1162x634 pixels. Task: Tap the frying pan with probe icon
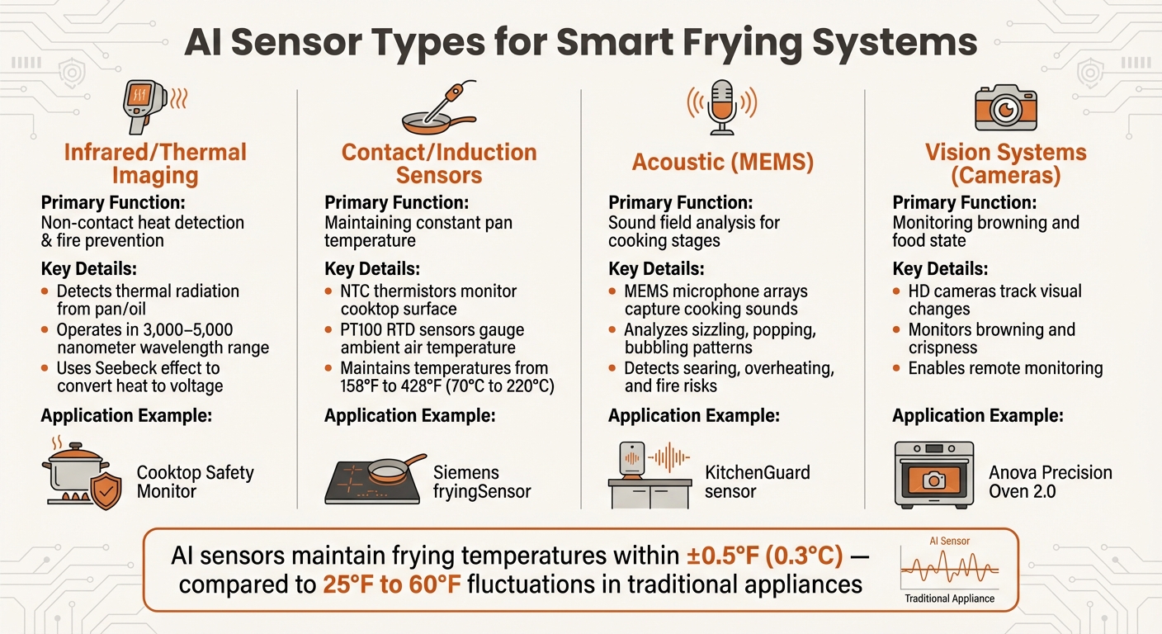click(x=437, y=108)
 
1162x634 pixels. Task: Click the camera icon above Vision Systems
click(x=1005, y=107)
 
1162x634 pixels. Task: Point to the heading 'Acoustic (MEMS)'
click(x=722, y=163)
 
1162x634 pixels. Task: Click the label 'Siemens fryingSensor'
click(x=481, y=483)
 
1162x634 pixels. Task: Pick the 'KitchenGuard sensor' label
click(x=757, y=482)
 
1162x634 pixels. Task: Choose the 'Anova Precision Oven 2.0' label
click(x=1050, y=483)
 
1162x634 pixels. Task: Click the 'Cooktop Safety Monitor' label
click(x=195, y=482)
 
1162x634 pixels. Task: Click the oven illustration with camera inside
click(x=934, y=474)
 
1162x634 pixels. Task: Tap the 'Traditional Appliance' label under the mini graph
click(x=949, y=599)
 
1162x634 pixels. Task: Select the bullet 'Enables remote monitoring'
click(x=1004, y=368)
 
